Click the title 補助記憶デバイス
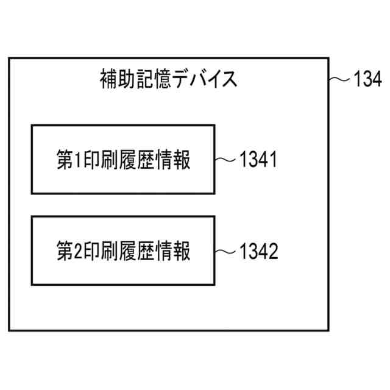click(x=168, y=80)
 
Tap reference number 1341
click(x=258, y=160)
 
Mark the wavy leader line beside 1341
click(x=225, y=160)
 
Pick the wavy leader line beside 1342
click(x=225, y=251)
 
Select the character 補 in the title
click(x=108, y=80)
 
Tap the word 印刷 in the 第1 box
click(x=99, y=161)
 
